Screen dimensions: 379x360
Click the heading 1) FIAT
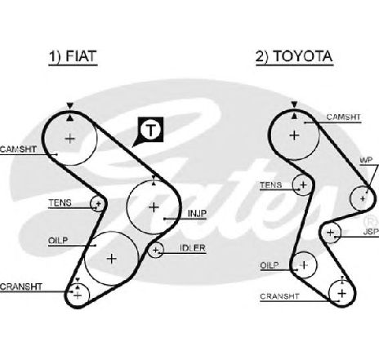(x=73, y=56)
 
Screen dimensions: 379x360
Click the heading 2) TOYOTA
(x=294, y=56)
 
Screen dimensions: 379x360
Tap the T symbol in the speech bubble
(x=150, y=130)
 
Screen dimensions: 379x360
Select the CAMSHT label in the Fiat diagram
(x=18, y=149)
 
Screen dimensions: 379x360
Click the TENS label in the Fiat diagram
(x=60, y=203)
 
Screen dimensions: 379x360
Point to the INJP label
(x=197, y=214)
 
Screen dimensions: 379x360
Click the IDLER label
(x=193, y=248)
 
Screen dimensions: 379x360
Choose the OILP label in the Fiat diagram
(x=58, y=241)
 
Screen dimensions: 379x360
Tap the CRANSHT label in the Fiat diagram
(x=21, y=287)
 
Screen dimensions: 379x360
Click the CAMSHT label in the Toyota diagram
(x=343, y=118)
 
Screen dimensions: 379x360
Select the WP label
(x=366, y=160)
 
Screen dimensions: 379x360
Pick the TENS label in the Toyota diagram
(x=271, y=185)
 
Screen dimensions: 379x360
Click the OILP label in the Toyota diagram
(x=270, y=265)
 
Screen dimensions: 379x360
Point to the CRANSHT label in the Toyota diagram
(x=279, y=296)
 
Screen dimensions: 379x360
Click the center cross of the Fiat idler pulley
(x=155, y=250)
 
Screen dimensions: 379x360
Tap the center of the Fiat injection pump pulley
(x=154, y=207)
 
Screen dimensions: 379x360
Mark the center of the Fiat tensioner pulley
(x=98, y=203)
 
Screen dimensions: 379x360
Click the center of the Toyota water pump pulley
(x=363, y=198)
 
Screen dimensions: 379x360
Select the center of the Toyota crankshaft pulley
(x=341, y=293)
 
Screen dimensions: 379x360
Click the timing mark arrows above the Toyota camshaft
(x=294, y=110)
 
